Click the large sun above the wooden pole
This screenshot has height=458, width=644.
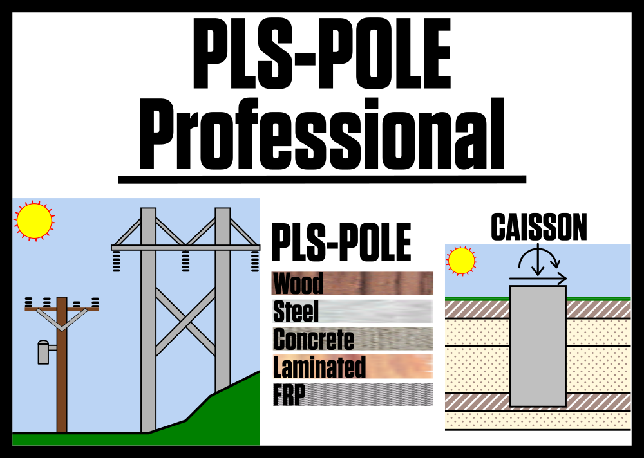34,221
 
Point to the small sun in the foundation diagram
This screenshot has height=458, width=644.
461,261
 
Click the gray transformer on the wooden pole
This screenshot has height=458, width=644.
43,353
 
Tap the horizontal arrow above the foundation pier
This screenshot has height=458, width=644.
538,279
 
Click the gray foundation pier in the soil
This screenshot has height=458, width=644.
538,347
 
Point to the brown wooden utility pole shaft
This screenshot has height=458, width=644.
62,380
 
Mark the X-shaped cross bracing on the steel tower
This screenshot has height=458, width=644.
185,322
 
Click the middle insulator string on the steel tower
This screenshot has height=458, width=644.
185,261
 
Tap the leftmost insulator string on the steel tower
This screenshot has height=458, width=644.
117,261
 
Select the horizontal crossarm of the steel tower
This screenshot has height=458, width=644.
185,247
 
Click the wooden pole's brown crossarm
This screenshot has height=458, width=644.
62,309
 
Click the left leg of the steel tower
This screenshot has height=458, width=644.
148,334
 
